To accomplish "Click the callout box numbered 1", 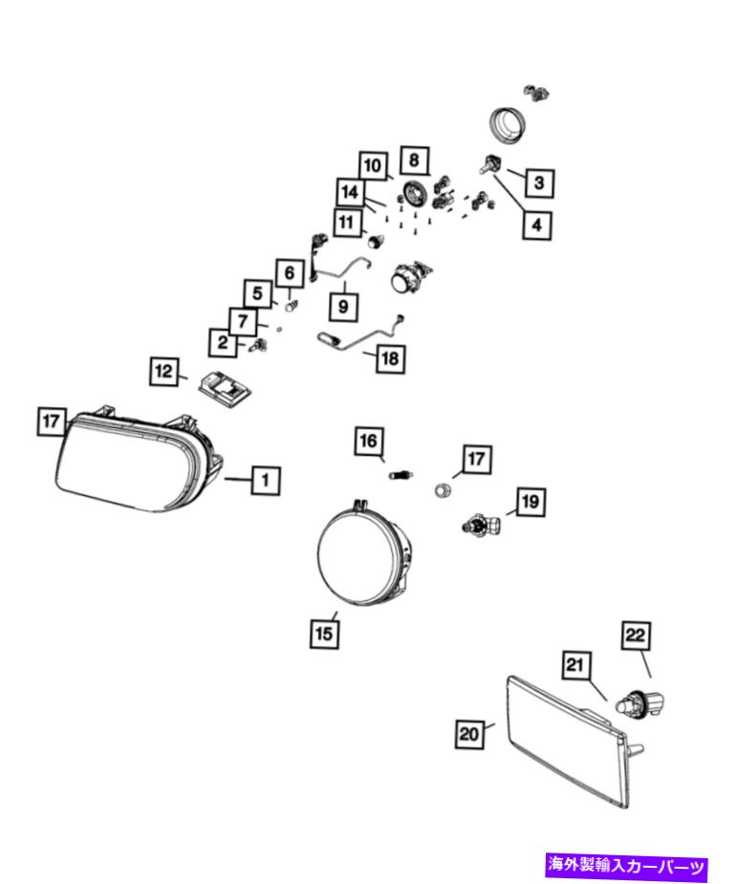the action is (266, 481).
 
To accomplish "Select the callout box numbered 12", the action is (164, 372).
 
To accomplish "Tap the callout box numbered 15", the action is (324, 633).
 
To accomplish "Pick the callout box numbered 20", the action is (469, 734).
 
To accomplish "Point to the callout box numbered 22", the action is (636, 636).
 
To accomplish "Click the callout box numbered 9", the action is (343, 308).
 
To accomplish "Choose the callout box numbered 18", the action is (390, 358).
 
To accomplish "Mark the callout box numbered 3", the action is (539, 183).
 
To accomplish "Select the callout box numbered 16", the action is (369, 442).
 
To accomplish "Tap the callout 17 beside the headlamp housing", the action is (52, 421).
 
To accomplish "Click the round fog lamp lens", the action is (362, 555).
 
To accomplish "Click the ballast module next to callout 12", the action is (225, 388).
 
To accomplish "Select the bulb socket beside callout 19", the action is (481, 525).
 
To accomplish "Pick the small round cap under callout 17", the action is (443, 489).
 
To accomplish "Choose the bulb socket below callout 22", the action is (640, 703).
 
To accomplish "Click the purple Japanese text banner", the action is (626, 866).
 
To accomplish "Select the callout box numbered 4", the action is (537, 225).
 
